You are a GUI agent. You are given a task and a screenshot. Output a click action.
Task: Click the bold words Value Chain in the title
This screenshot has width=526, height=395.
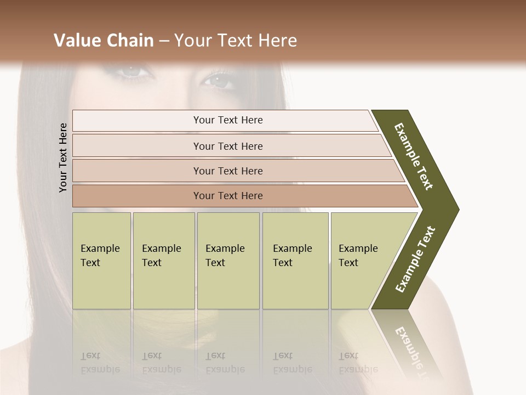tap(104, 41)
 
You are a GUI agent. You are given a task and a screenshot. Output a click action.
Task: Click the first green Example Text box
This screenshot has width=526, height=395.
tap(101, 261)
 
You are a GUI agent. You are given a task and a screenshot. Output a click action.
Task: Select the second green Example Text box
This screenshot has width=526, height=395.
tap(163, 261)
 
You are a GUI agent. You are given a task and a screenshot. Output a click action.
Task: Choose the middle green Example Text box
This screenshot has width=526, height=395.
tap(228, 261)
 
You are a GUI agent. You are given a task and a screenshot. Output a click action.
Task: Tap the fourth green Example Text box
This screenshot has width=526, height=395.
tap(295, 261)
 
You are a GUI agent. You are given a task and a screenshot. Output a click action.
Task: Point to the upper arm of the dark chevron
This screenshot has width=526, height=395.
tap(414, 156)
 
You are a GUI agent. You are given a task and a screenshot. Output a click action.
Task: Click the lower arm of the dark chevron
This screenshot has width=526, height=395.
tap(415, 259)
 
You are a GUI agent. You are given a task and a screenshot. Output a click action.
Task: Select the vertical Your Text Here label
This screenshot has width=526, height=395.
tap(63, 157)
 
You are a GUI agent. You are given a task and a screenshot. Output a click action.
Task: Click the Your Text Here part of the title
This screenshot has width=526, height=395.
tap(236, 41)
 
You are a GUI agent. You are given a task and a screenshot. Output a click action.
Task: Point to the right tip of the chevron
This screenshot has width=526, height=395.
tap(457, 209)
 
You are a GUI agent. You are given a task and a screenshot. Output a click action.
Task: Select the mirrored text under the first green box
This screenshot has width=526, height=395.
tap(100, 363)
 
